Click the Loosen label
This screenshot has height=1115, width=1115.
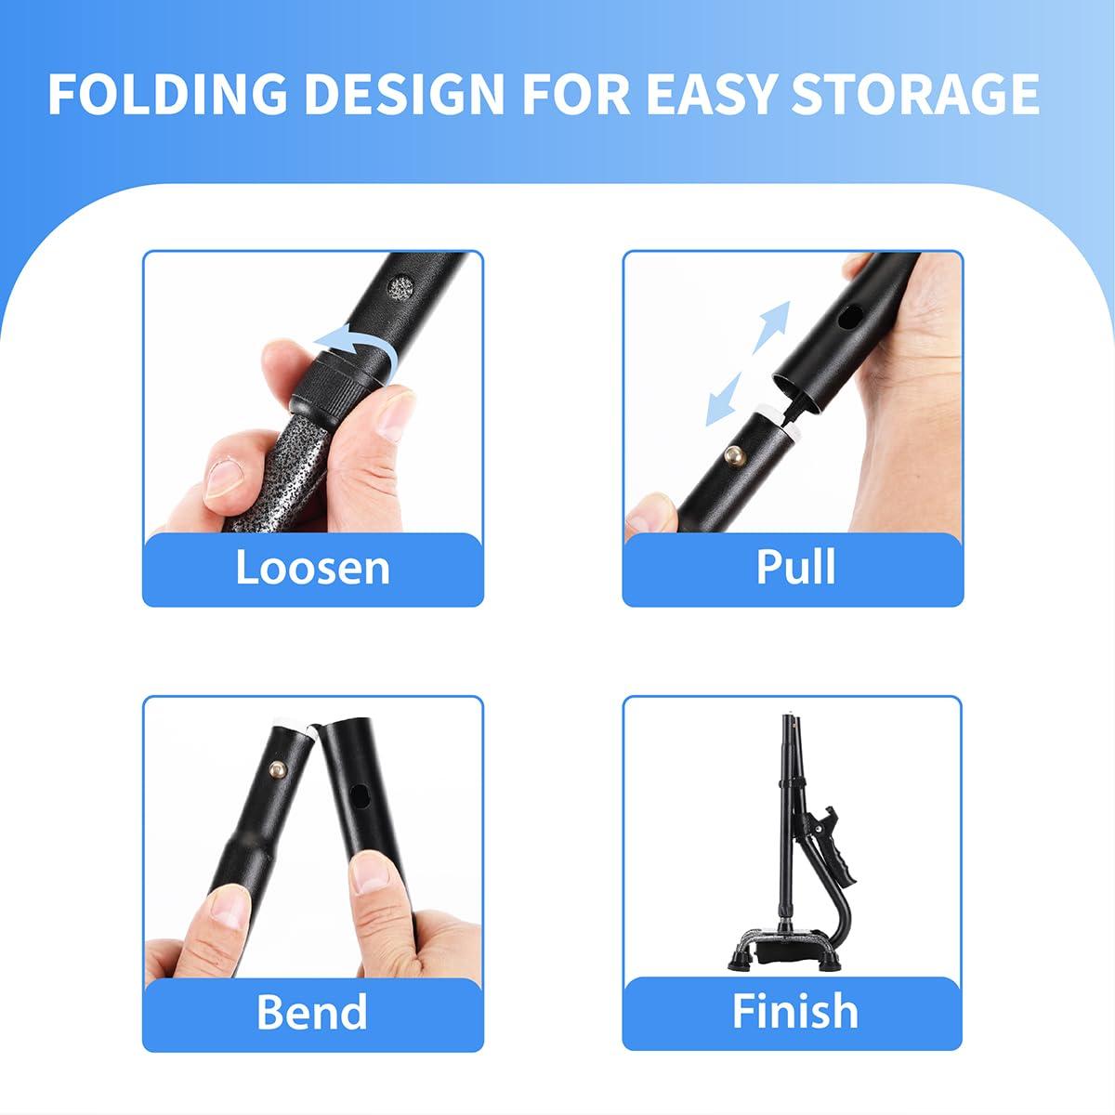coord(312,568)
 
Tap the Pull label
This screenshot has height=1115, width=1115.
coord(794,566)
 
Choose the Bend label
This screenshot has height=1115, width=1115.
coord(312,1011)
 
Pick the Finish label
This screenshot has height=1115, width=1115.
coord(794,1011)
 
